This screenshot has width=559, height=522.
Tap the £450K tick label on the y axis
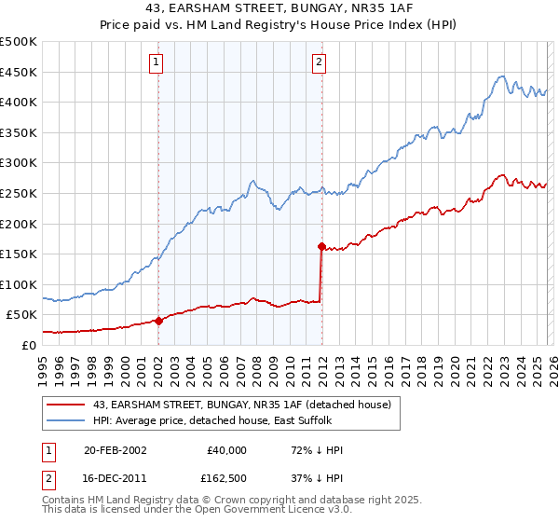[19, 72]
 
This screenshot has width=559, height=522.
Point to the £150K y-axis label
[19, 254]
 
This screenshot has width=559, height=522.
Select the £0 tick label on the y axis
[30, 345]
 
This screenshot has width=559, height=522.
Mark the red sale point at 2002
[158, 321]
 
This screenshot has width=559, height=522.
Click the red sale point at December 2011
[321, 247]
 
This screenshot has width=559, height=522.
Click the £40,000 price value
[225, 450]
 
